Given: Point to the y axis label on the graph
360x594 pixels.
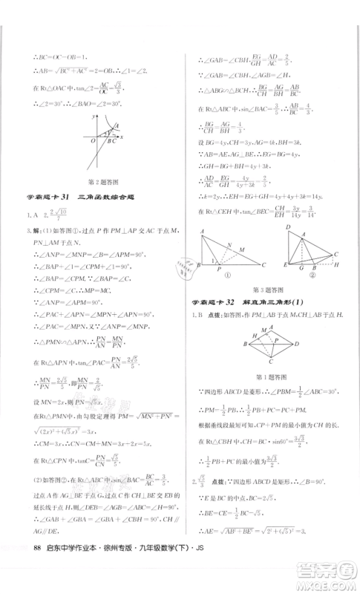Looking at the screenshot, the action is tap(88, 116).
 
